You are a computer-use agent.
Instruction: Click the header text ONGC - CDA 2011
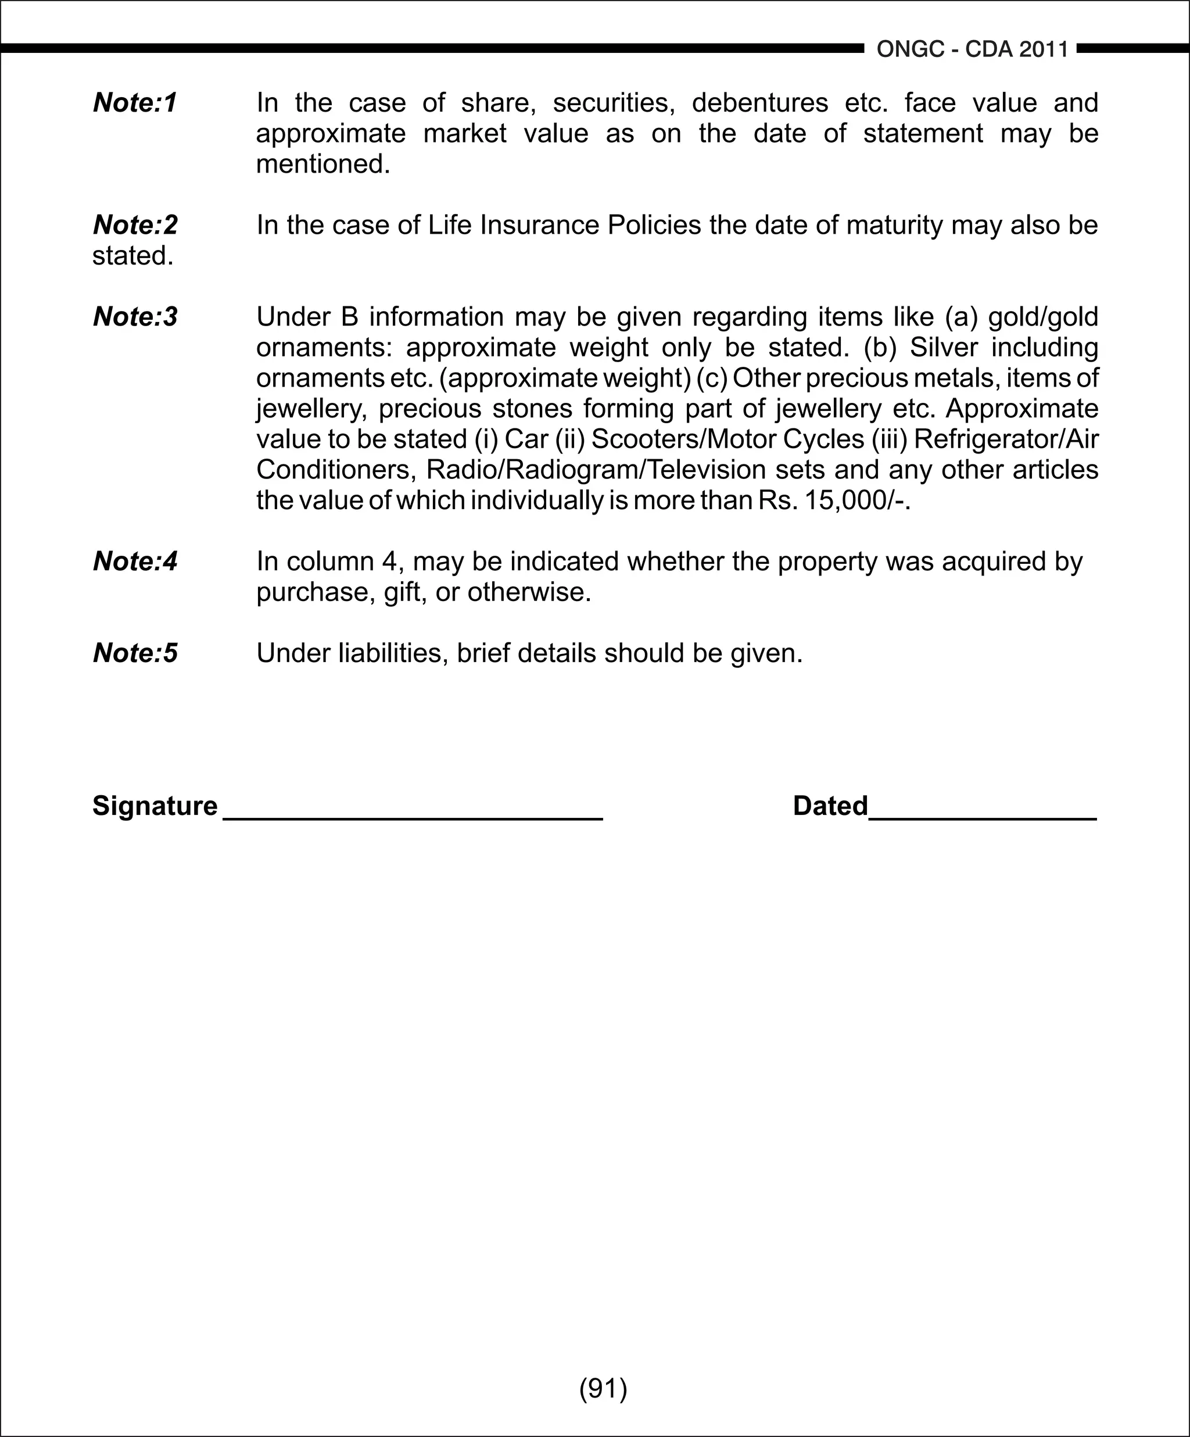(972, 49)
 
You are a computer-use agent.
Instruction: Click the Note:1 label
(135, 103)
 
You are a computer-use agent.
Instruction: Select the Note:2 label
(135, 224)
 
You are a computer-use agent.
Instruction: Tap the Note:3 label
(135, 316)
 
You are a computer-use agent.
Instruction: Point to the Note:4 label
(135, 561)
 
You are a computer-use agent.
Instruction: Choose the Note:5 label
(135, 653)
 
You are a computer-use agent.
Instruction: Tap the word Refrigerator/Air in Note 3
(1005, 439)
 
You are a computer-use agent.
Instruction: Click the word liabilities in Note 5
(394, 653)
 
